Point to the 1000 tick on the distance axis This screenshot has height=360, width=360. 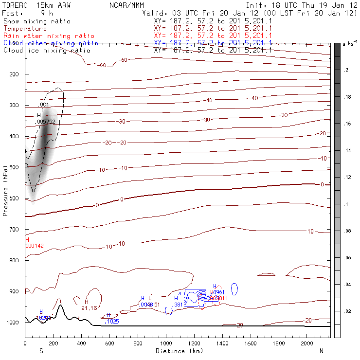click(x=166, y=343)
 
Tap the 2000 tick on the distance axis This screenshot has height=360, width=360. click(x=307, y=343)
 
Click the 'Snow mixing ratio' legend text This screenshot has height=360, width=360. click(x=36, y=21)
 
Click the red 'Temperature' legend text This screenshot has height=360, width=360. click(x=25, y=29)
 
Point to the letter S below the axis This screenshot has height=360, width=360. click(x=41, y=351)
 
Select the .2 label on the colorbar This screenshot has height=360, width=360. click(x=346, y=71)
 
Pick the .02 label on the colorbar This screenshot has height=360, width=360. click(x=347, y=311)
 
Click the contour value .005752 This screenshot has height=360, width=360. click(x=47, y=122)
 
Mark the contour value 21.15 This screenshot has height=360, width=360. click(x=89, y=308)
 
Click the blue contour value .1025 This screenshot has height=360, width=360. click(x=112, y=322)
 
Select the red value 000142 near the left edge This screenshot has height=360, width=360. click(x=35, y=246)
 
